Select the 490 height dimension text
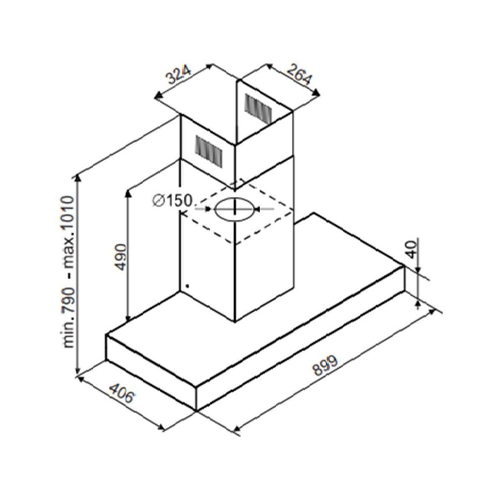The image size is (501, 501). (121, 256)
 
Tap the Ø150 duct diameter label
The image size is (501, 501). (172, 201)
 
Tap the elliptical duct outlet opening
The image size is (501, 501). (234, 208)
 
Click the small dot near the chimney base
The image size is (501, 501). (187, 286)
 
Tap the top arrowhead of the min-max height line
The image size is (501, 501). (78, 177)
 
